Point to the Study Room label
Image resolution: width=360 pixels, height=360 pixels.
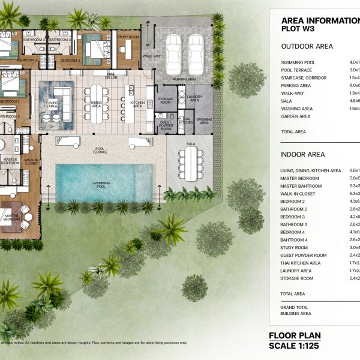pyautogui.click(x=128, y=37)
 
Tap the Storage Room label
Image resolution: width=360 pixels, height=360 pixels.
pyautogui.click(x=166, y=100)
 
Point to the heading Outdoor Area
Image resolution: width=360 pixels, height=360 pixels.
pyautogui.click(x=307, y=46)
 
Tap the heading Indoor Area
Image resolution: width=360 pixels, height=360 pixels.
pyautogui.click(x=303, y=155)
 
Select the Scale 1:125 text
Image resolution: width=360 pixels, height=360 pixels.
pyautogui.click(x=295, y=346)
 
